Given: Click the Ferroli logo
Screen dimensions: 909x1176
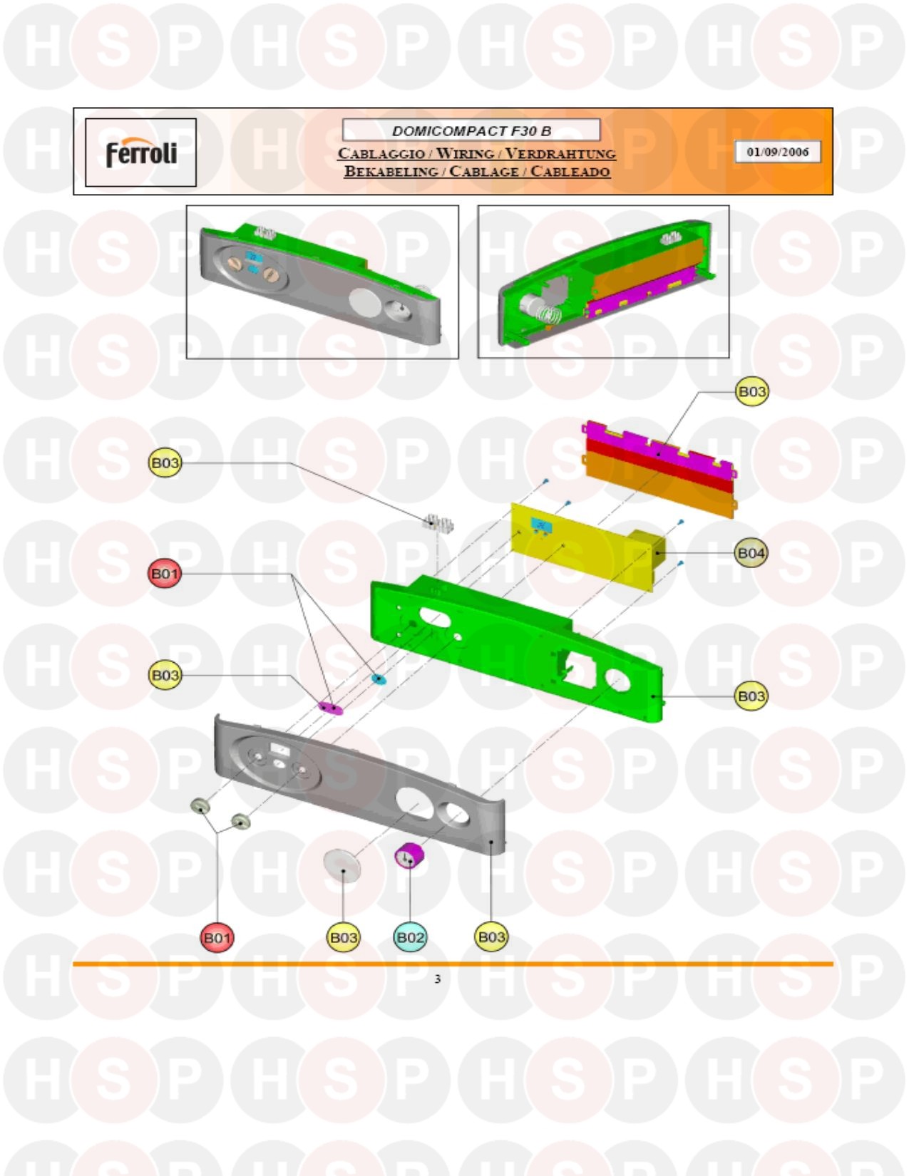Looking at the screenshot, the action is [x=141, y=153].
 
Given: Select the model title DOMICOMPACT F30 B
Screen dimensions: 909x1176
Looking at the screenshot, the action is [x=471, y=131].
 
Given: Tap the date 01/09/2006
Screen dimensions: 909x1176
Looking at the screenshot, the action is [x=777, y=152].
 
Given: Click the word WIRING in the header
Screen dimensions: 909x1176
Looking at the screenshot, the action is [x=465, y=154].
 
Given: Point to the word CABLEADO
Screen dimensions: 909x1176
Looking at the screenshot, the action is [x=570, y=172].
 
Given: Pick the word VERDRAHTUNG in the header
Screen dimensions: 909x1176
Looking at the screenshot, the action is [x=560, y=154].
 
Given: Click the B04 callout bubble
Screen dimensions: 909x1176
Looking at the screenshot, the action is [x=751, y=553].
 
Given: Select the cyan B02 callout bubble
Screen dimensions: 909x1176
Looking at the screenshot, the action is [x=410, y=937].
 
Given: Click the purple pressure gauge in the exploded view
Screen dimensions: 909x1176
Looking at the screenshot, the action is [x=409, y=855].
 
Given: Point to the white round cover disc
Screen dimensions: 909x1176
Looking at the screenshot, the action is [x=342, y=865].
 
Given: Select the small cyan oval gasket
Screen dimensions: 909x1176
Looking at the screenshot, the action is [x=379, y=678].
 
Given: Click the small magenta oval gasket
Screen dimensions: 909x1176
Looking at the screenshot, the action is [x=330, y=708].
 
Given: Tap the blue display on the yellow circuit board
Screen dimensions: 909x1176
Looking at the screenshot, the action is [x=541, y=525].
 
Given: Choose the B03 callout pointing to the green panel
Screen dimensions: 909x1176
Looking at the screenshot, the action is [x=751, y=696].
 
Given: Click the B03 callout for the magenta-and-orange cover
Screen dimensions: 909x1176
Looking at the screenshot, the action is [x=751, y=391].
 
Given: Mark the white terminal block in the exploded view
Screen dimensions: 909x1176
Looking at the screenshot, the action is [x=438, y=524].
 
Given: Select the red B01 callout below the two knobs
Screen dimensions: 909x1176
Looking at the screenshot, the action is [x=217, y=937].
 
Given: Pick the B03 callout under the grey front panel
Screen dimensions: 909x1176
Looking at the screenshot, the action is [x=491, y=937].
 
